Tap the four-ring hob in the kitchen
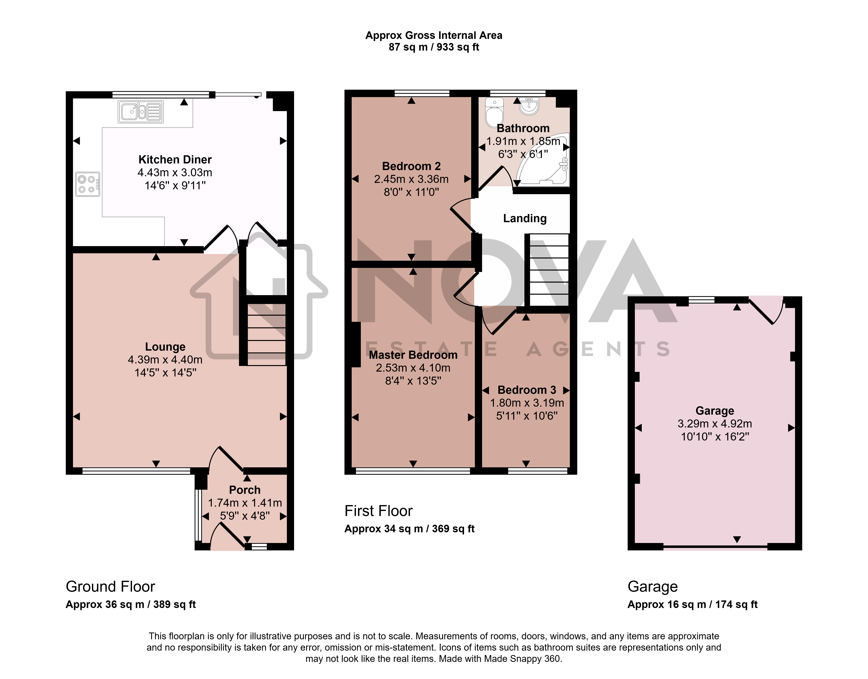pos(87,184)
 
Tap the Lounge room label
pos(165,347)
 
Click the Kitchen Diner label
pos(175,159)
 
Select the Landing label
pos(525,218)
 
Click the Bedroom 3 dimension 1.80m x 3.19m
pos(527,403)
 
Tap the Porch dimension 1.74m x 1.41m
pos(245,503)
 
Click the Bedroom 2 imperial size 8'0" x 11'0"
pos(411,192)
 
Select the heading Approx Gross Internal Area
pos(434,35)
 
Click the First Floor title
pos(379,511)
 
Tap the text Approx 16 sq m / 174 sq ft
pos(692,605)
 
